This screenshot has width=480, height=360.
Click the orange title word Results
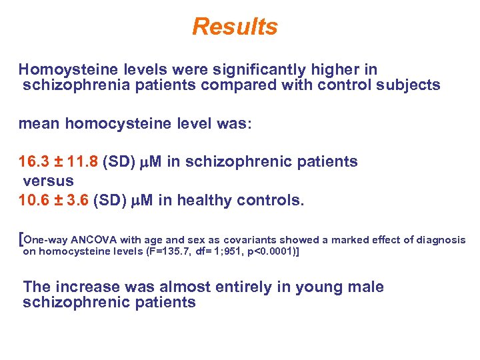click(235, 27)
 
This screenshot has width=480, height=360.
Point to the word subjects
click(410, 85)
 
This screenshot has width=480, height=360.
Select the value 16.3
click(32, 162)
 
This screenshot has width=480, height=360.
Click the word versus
click(48, 181)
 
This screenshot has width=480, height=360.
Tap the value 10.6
click(32, 200)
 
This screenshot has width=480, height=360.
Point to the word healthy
click(203, 200)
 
